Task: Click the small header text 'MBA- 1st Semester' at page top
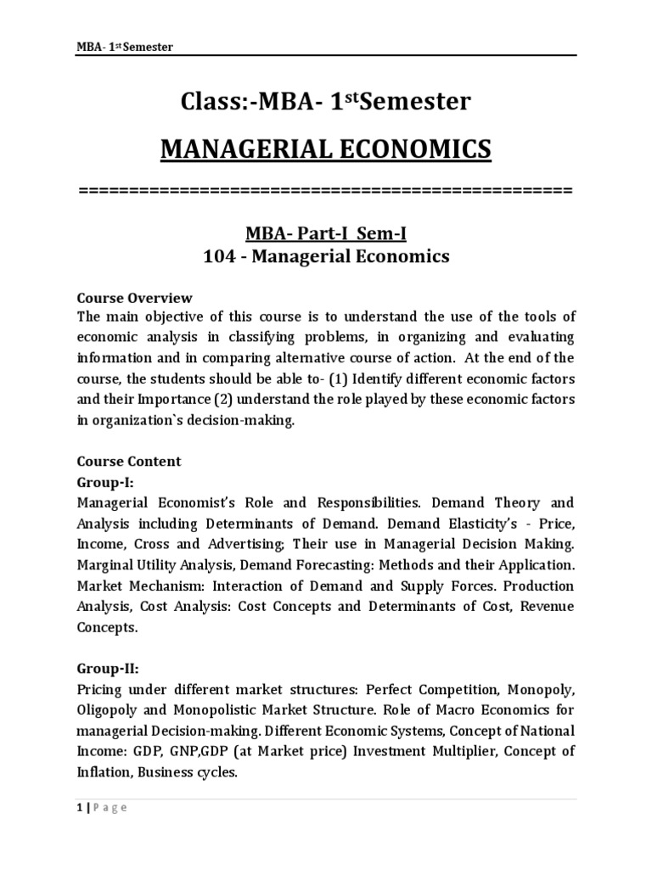click(x=125, y=47)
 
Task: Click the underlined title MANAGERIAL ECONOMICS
click(x=326, y=149)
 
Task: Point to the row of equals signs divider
click(x=326, y=189)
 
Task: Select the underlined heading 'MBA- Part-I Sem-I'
click(x=326, y=233)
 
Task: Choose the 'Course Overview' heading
click(x=135, y=298)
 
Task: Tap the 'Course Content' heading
click(x=129, y=462)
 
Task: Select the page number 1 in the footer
click(x=80, y=808)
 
